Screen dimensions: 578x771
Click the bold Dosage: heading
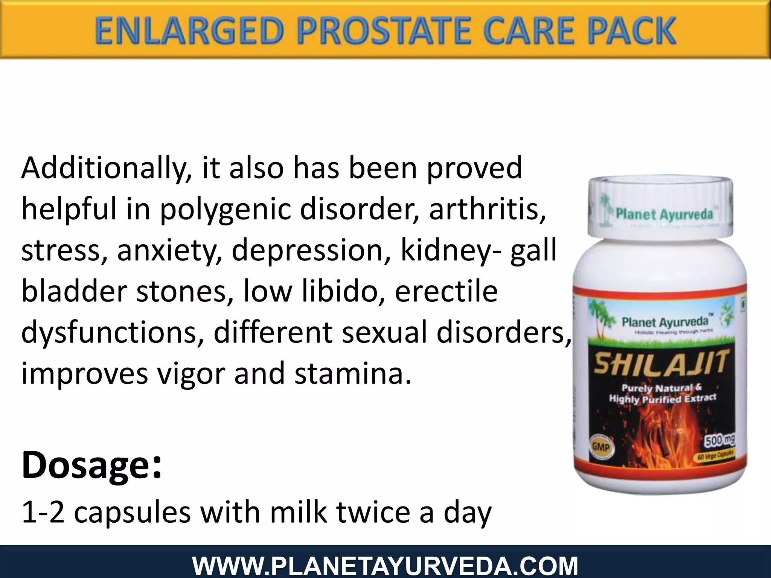click(91, 466)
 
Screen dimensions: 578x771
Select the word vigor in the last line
click(191, 374)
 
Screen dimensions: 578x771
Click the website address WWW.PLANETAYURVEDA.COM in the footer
click(385, 566)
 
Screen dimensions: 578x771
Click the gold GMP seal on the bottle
click(601, 447)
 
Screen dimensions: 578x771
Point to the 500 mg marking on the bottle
click(719, 440)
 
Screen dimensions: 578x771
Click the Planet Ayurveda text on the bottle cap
click(664, 214)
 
